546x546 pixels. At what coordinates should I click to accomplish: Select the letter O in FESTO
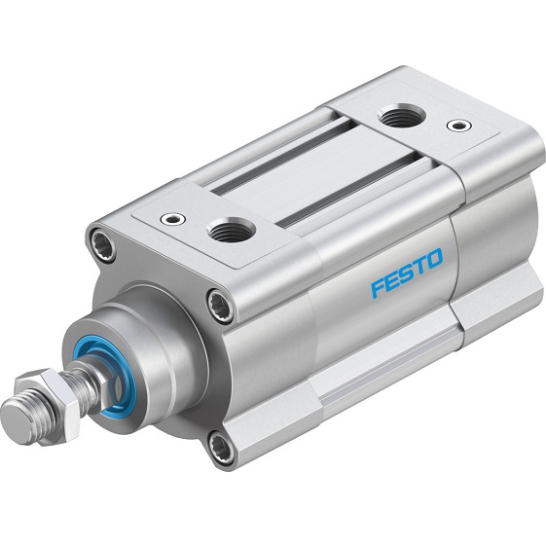coord(433,259)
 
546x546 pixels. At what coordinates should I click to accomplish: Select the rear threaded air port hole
coord(396,118)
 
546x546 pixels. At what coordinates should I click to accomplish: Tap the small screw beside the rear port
coord(455,126)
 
